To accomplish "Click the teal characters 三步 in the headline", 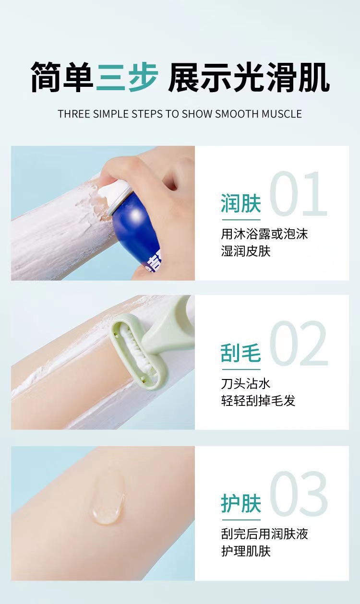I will pos(127,77).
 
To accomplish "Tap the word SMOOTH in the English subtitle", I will pos(238,114).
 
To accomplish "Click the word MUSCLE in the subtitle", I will pos(282,114).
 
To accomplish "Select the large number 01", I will pos(299,196).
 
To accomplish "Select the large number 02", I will pos(299,344).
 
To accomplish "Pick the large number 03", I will pos(299,494).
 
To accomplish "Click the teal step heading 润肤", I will pos(241,203).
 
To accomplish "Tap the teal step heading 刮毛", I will pos(241,353).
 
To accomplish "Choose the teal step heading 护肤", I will pos(241,503).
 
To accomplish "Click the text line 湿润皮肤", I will pos(246,251).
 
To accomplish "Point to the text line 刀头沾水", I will pos(246,383).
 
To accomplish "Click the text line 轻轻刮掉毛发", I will pos(258,401).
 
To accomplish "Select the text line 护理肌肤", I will pos(246,550).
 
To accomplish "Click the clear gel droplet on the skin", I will pos(108,501).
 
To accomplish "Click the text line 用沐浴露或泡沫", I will pos(264,234).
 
